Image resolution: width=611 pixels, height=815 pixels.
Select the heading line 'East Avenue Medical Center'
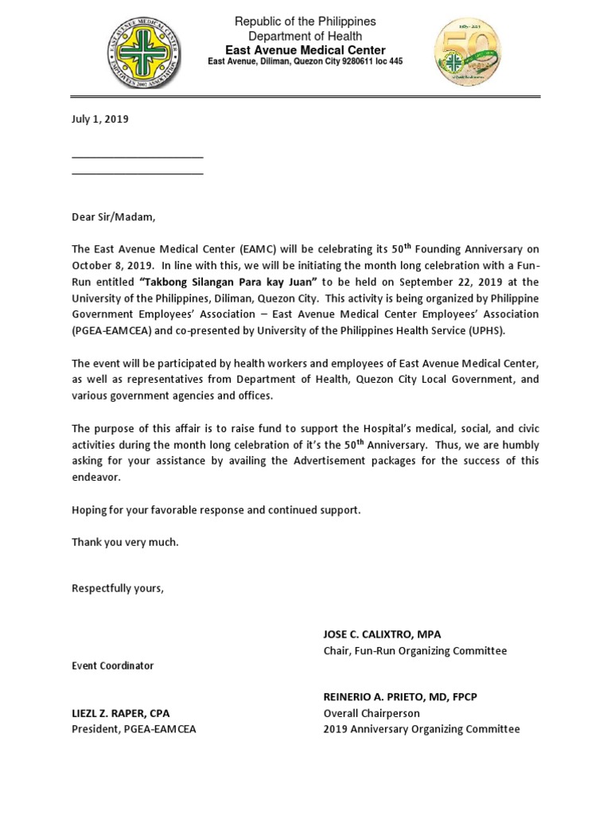305,50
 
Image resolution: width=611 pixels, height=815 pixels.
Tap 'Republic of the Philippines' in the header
305,21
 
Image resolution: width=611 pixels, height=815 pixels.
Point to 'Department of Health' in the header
305,36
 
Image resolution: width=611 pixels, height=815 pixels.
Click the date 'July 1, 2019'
100,119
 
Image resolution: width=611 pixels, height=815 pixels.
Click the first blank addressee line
137,158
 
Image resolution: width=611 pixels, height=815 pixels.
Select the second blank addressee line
137,173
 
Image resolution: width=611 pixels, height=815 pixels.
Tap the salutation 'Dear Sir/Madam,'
114,217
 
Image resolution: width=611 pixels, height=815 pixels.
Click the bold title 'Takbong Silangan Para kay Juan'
228,283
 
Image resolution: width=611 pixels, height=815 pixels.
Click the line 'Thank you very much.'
125,542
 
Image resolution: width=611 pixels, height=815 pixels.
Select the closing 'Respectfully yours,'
118,588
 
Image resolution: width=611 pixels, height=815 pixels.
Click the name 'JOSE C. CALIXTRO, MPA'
382,634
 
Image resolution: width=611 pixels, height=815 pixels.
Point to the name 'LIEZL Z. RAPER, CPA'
121,713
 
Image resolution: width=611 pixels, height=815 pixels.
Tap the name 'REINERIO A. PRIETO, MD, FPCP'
400,696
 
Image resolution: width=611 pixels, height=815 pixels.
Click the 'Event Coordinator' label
113,666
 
